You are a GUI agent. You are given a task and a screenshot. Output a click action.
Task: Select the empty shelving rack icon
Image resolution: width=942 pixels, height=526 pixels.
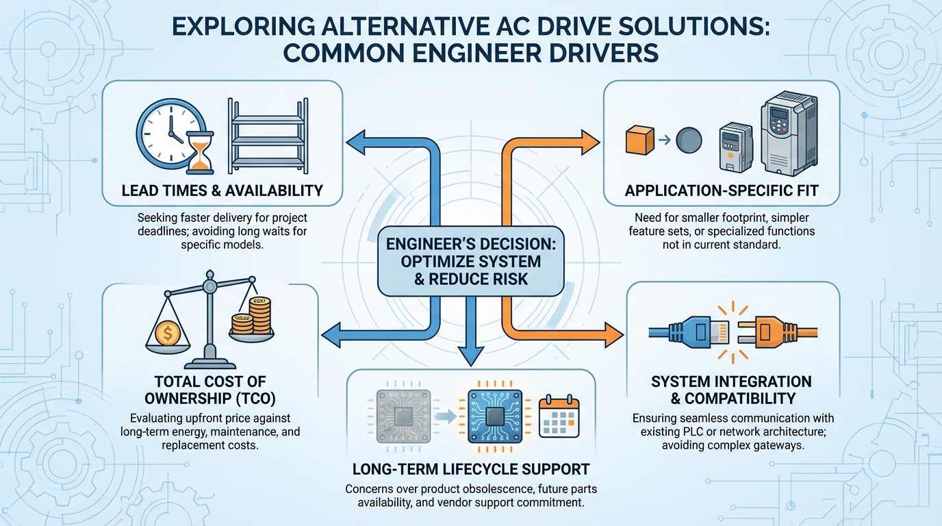[x=266, y=138]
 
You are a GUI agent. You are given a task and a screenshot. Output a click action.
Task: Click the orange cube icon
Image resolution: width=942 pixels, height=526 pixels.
[x=637, y=139]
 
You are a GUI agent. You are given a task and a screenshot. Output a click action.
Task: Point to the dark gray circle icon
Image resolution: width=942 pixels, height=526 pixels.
[x=689, y=140]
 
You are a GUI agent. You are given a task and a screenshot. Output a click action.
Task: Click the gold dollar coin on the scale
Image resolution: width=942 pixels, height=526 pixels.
[x=167, y=334]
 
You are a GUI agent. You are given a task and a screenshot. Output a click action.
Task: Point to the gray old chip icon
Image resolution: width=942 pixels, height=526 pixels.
[x=404, y=414]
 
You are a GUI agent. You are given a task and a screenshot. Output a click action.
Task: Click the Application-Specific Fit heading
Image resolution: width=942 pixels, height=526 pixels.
[x=722, y=190]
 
